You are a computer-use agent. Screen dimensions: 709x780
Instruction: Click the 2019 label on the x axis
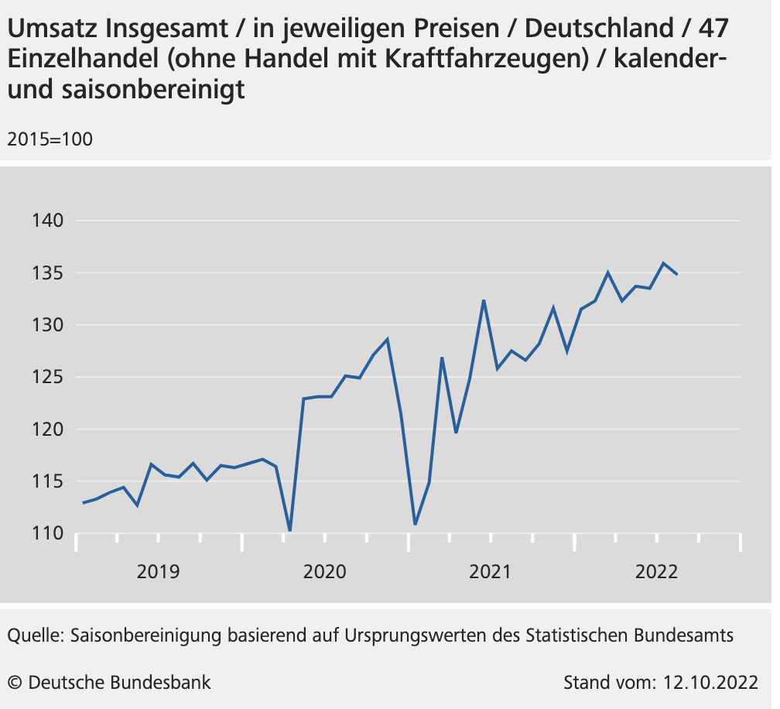point(158,572)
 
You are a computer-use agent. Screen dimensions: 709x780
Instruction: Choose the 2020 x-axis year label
point(324,572)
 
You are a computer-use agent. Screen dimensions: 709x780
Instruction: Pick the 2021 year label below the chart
point(491,572)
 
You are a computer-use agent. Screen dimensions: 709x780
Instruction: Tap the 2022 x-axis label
point(656,572)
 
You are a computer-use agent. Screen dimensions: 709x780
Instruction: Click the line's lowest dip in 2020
point(289,530)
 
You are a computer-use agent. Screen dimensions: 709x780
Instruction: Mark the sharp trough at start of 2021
point(415,524)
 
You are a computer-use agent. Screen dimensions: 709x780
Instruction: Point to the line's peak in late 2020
point(387,339)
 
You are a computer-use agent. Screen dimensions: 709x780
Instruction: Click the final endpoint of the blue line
point(677,274)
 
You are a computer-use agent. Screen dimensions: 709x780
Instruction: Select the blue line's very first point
point(83,503)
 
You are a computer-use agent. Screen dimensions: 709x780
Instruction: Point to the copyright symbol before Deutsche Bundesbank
point(15,683)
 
